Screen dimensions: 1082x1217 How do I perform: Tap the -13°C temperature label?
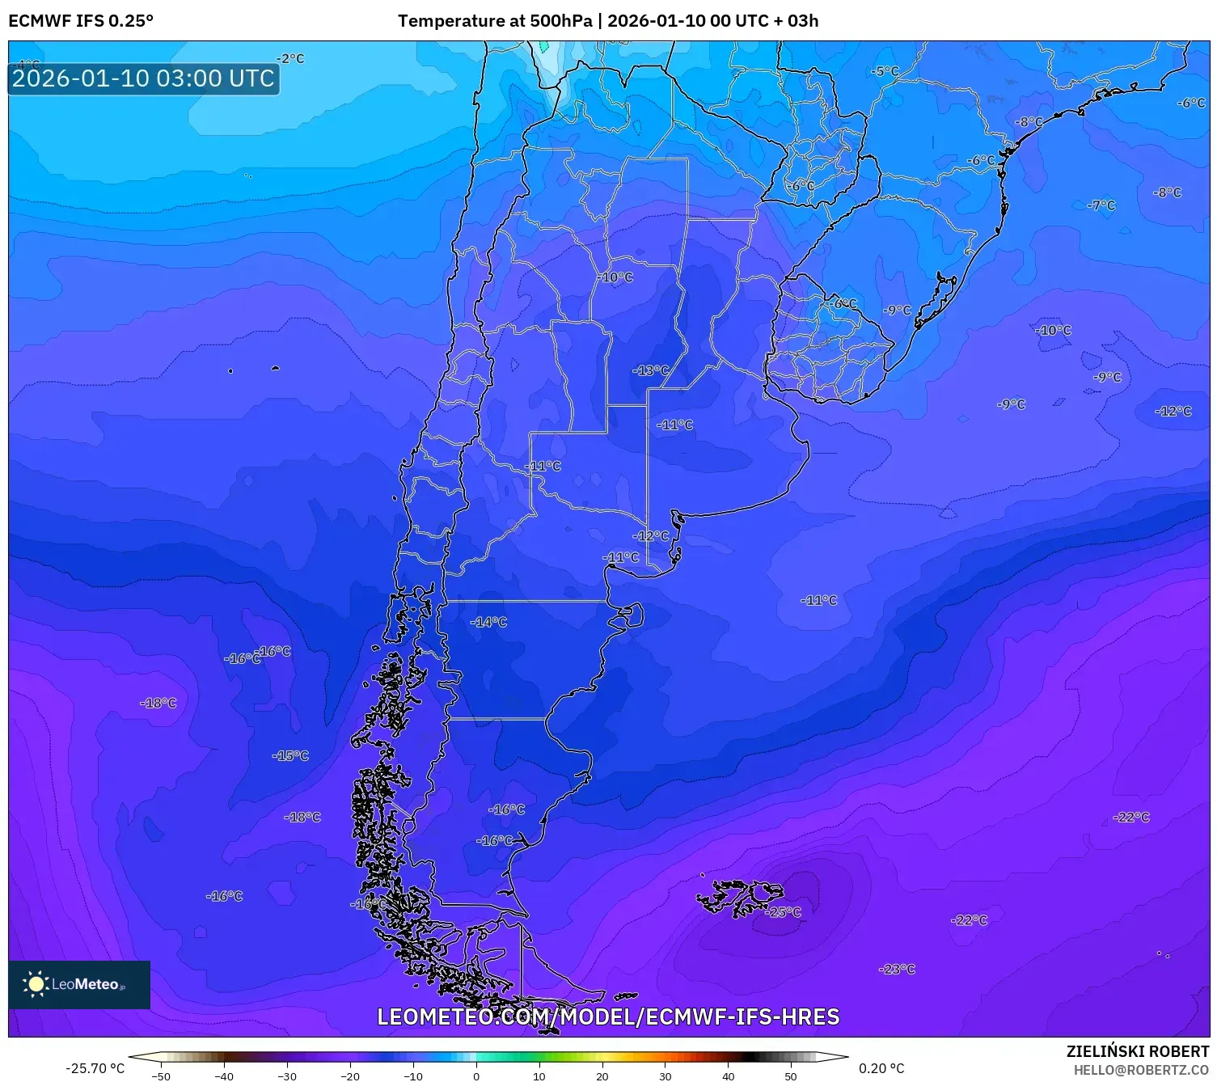point(651,370)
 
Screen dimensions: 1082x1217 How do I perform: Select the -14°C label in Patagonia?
point(488,622)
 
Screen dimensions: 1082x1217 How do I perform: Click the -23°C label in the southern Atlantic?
point(897,969)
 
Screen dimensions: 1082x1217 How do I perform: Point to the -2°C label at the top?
point(290,58)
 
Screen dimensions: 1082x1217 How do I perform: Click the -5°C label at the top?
point(885,71)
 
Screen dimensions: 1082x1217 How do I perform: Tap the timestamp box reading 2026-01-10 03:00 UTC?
point(143,78)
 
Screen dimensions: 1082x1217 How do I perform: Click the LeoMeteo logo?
point(78,984)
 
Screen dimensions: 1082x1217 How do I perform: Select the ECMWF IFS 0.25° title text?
point(81,21)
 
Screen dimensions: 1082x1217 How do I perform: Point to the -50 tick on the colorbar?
point(161,1076)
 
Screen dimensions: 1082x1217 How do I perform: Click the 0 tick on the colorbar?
point(476,1076)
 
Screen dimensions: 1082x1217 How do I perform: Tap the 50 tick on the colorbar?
point(791,1076)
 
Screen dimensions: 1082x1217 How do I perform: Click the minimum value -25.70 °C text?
point(95,1068)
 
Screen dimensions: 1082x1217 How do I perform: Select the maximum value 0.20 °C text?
point(881,1068)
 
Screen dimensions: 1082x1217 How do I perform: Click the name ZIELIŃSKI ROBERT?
point(1137,1051)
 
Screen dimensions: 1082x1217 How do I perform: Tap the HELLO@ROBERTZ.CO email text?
point(1140,1070)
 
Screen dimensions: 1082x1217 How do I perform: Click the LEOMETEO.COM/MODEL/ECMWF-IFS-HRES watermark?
point(608,1016)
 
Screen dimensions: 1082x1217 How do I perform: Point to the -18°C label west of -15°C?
point(158,703)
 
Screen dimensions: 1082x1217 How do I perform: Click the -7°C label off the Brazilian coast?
point(1101,205)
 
